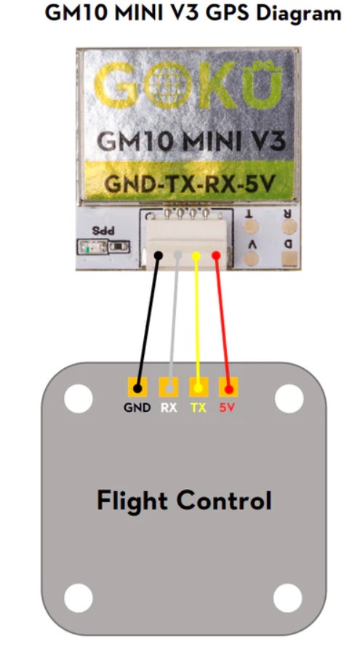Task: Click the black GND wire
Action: (x=148, y=322)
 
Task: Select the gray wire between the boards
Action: (x=173, y=322)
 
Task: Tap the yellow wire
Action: (x=197, y=322)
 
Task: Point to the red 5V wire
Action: (x=223, y=322)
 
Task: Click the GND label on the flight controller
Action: (x=137, y=407)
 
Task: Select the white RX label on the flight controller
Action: (x=169, y=407)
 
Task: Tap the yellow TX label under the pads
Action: (x=199, y=407)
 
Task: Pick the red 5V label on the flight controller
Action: (x=228, y=407)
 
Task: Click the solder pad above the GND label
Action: (x=137, y=387)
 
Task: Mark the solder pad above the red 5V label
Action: (x=228, y=387)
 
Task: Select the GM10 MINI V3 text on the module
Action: (x=192, y=141)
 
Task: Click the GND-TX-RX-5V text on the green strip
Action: (x=190, y=183)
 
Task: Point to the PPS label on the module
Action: (x=103, y=231)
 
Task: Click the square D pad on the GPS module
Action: (x=289, y=259)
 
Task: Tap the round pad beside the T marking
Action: (x=252, y=227)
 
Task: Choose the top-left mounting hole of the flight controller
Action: (x=79, y=399)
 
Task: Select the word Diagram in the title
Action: (x=300, y=13)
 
